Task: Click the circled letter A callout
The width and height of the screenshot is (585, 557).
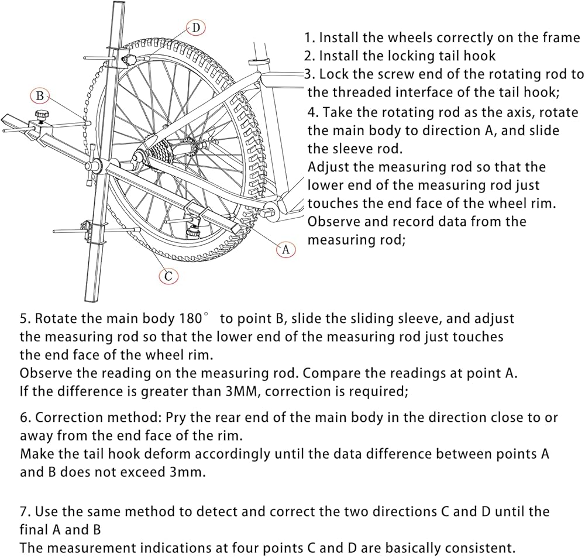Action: (x=285, y=250)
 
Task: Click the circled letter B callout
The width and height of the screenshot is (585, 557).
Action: (x=39, y=96)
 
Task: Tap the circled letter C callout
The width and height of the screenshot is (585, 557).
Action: (x=168, y=276)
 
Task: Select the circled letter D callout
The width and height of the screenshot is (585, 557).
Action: (x=195, y=27)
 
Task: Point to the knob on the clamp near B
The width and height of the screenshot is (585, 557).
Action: (x=42, y=115)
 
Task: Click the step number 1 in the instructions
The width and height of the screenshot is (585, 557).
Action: (x=309, y=38)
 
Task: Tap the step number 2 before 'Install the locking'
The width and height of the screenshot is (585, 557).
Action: (x=309, y=56)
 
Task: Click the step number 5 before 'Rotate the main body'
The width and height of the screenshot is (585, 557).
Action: (x=23, y=319)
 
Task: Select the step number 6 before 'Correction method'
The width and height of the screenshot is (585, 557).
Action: (x=23, y=418)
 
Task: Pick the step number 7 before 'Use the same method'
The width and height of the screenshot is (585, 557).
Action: (x=23, y=512)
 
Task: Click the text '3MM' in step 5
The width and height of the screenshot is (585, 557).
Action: (x=239, y=391)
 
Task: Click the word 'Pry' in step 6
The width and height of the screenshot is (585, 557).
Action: (x=175, y=418)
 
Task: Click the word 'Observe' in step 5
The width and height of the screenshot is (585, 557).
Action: (x=43, y=373)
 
